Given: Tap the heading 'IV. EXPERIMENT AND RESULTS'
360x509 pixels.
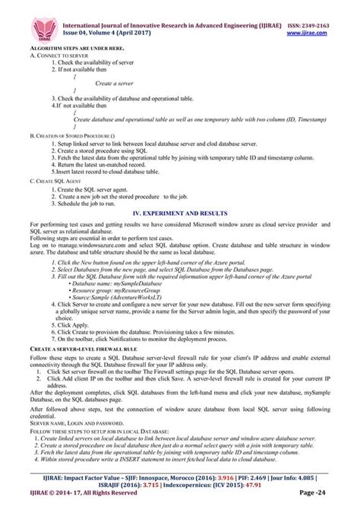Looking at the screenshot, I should (180, 216).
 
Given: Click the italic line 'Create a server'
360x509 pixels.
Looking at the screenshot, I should (115, 83).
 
